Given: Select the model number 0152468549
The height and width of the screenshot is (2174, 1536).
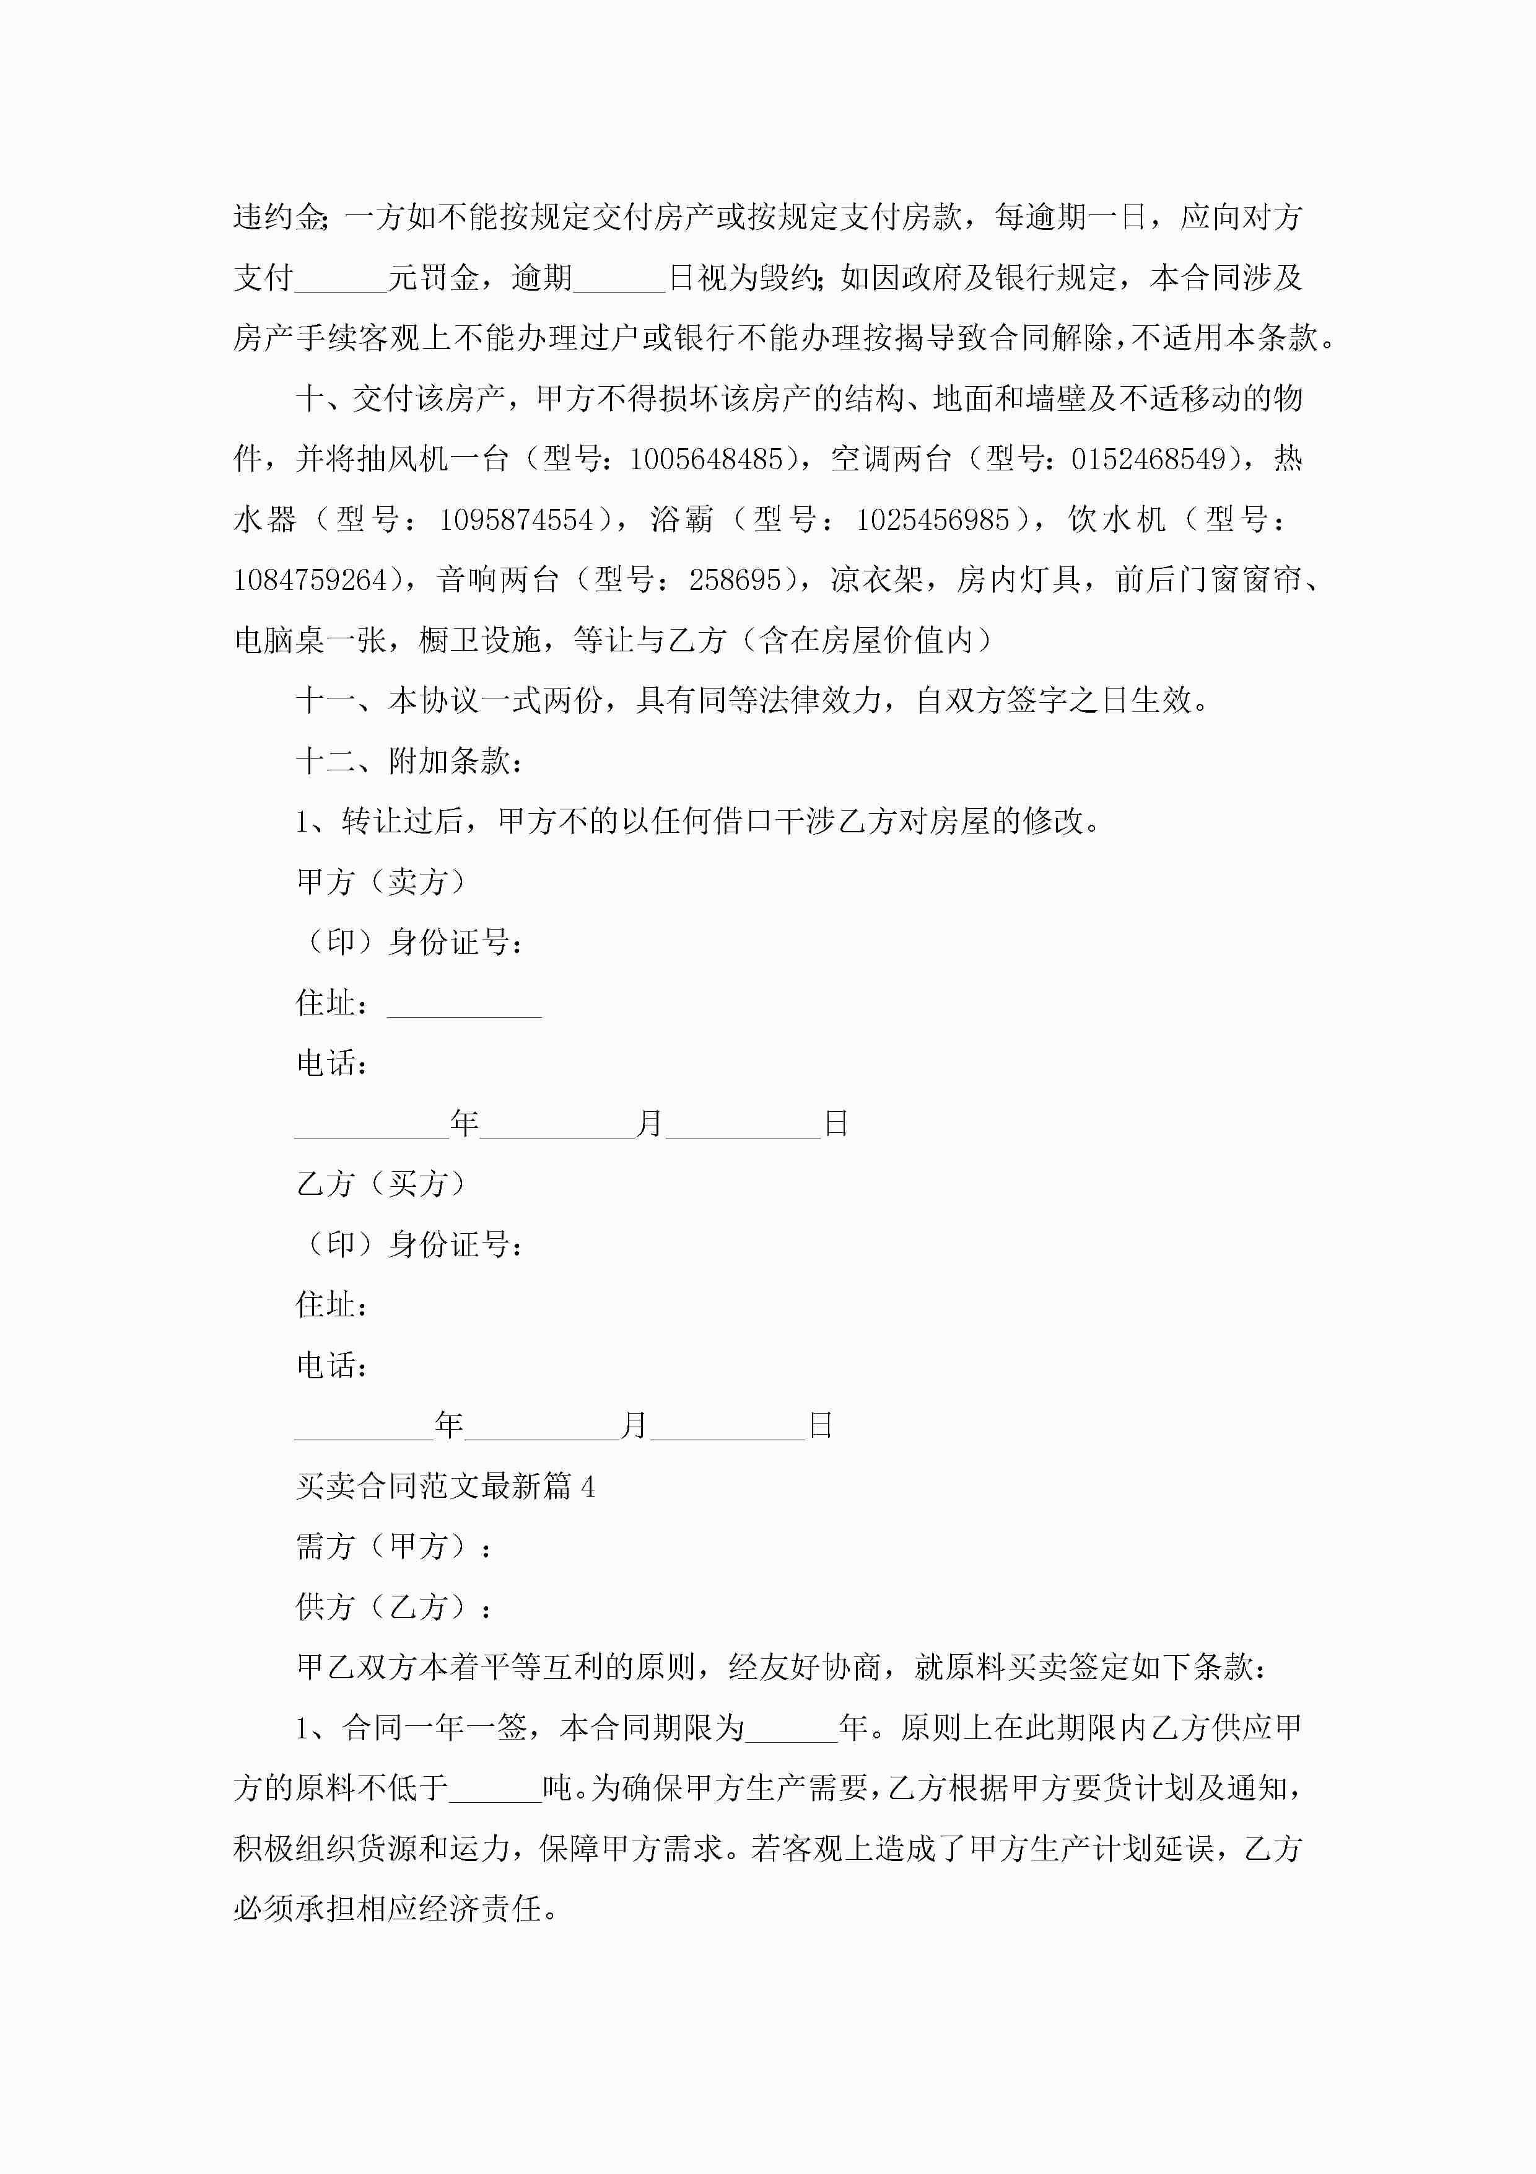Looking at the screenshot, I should [x=1148, y=460].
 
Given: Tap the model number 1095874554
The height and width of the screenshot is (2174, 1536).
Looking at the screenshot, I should [x=516, y=520].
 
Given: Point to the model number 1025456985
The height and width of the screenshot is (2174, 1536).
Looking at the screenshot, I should [x=933, y=520].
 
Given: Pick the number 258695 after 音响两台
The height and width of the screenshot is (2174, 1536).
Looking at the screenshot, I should [x=735, y=581].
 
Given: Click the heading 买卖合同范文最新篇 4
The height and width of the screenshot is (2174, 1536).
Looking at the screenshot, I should [x=445, y=1487].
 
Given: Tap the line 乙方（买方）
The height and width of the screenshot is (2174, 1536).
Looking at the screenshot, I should [x=382, y=1184].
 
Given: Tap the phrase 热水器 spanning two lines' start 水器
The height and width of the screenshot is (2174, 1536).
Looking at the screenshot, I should [x=265, y=520].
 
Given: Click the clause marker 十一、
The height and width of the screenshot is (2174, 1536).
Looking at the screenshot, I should [x=326, y=701].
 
